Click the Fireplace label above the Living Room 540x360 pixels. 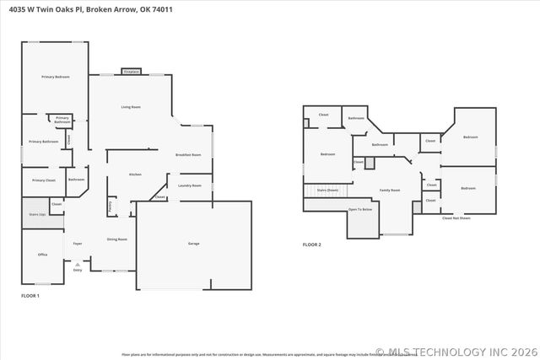131,73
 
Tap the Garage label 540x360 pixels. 193,244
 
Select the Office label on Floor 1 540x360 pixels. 42,254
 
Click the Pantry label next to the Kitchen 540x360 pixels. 110,204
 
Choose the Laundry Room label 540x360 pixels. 189,185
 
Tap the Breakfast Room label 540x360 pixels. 188,155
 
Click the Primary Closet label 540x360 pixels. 44,180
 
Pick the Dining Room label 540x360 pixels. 116,239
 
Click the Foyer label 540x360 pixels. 77,244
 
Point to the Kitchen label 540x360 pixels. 135,175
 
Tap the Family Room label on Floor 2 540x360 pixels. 389,191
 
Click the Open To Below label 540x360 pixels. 360,209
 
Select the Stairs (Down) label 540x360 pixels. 328,191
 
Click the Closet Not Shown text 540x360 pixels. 456,218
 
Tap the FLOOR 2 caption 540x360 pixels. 312,245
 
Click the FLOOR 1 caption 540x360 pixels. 30,296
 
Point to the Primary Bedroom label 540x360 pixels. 55,77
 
